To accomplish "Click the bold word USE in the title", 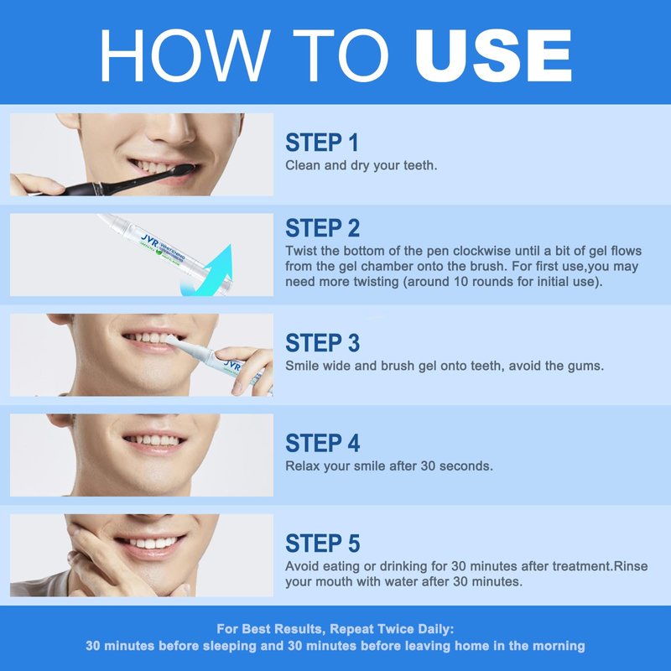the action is (x=493, y=55).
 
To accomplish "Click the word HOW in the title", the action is (x=185, y=55).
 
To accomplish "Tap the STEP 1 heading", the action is (x=322, y=143).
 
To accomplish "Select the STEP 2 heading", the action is (x=323, y=228).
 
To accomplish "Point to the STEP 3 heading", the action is (x=323, y=343).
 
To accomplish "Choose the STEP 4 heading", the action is (x=323, y=443).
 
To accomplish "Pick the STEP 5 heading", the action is (x=323, y=543).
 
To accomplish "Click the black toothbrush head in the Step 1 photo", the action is (x=174, y=171).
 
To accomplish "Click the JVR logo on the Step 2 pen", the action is (x=149, y=240).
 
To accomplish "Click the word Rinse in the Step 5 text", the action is (x=631, y=566).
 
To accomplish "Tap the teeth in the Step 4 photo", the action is (x=153, y=440).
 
